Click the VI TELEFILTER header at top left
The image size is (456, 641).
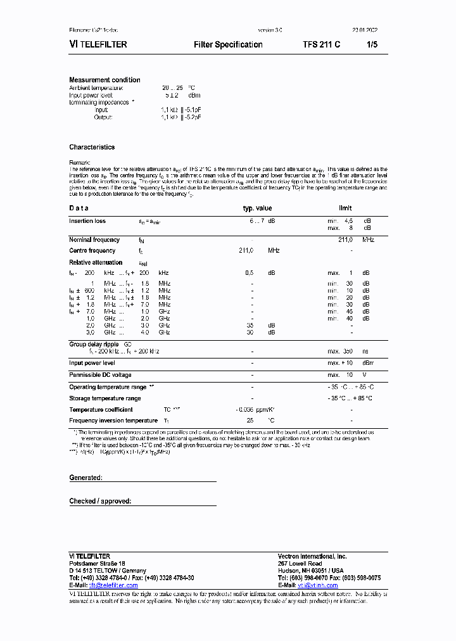pyautogui.click(x=98, y=44)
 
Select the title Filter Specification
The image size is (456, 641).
pyautogui.click(x=228, y=44)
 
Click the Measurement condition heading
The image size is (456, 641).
pyautogui.click(x=104, y=80)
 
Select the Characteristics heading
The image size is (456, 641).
pyautogui.click(x=92, y=147)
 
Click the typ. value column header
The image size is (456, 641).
pyautogui.click(x=257, y=208)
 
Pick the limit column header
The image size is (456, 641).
pyautogui.click(x=344, y=208)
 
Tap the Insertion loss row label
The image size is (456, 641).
pyautogui.click(x=87, y=221)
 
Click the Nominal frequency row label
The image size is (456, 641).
pyautogui.click(x=94, y=240)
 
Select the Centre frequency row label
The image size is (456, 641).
pyautogui.click(x=92, y=251)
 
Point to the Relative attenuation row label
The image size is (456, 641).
pyautogui.click(x=96, y=262)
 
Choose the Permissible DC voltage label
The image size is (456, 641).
pyautogui.click(x=100, y=375)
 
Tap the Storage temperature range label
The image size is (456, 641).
pyautogui.click(x=105, y=398)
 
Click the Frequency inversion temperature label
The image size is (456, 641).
pyautogui.click(x=113, y=421)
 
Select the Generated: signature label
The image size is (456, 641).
pyautogui.click(x=85, y=478)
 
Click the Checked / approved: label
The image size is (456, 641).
pyautogui.click(x=100, y=501)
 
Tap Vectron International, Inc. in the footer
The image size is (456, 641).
pyautogui.click(x=312, y=555)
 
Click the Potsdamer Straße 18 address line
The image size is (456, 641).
pyautogui.click(x=97, y=563)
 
